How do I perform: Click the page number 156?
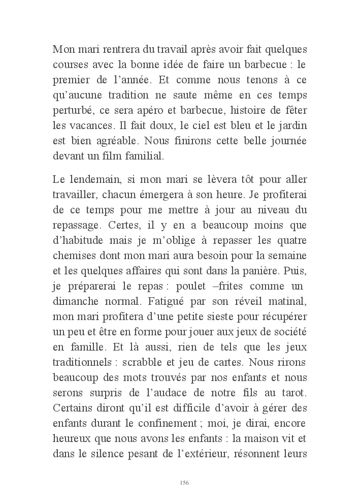click(x=184, y=482)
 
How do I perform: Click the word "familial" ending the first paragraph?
click(x=145, y=155)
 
